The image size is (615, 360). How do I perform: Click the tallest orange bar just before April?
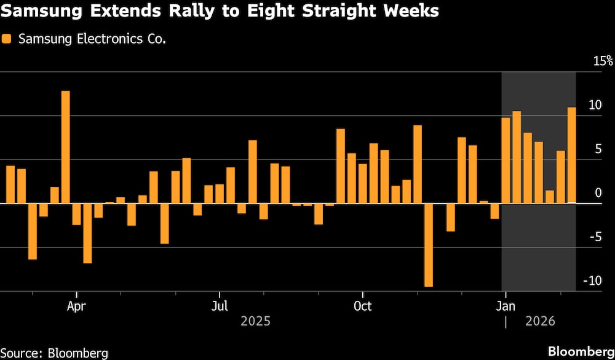point(65,146)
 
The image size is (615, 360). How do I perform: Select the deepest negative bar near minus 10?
point(429,245)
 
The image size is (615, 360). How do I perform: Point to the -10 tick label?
point(591,281)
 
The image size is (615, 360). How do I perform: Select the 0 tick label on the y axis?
point(597,193)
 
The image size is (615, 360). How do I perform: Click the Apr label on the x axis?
point(76,306)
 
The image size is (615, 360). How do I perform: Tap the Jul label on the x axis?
point(220,306)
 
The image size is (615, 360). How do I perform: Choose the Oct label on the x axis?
point(363,306)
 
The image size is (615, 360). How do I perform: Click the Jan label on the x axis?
point(506,306)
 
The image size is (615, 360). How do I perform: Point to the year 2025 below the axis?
point(255,321)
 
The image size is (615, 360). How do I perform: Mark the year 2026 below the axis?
point(540,321)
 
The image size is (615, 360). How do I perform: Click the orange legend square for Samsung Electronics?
point(6,39)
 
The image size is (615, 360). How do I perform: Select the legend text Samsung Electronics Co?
point(92,39)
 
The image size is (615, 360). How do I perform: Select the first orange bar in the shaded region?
point(506,160)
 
